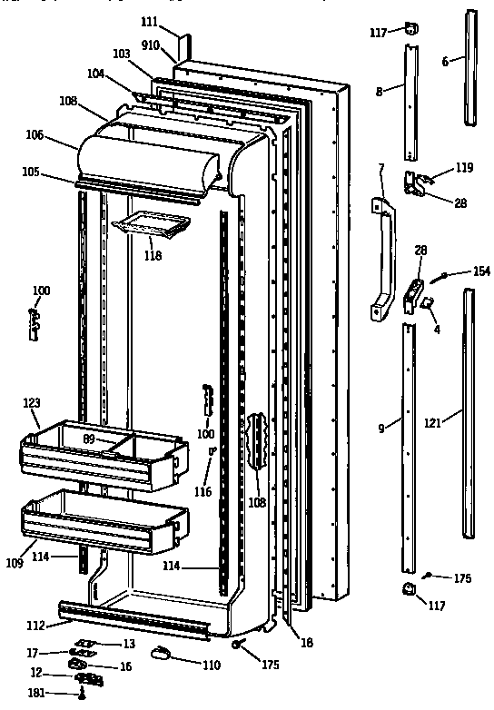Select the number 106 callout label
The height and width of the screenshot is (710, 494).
coord(61,134)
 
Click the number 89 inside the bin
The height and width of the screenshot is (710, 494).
coord(89,439)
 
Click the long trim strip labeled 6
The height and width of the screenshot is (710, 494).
coord(469,68)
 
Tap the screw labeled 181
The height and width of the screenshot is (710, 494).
coord(82,695)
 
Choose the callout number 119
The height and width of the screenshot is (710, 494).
coord(465,168)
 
